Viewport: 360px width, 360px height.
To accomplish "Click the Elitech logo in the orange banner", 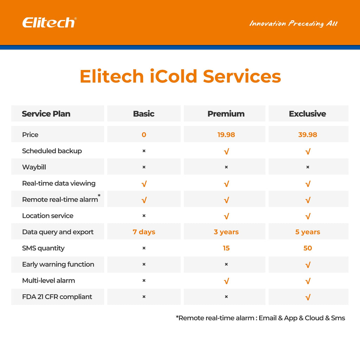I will (x=49, y=23).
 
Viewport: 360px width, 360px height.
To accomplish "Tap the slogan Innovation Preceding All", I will (x=293, y=24).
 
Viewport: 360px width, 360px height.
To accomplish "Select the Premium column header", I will (x=226, y=114).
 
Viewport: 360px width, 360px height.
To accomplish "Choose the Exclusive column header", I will (x=307, y=114).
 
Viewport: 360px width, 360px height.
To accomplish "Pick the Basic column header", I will (x=143, y=114).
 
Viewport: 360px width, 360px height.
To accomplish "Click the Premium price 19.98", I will (x=226, y=135).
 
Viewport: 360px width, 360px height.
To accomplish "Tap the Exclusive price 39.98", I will (x=307, y=135).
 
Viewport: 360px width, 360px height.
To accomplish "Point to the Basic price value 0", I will (x=144, y=135).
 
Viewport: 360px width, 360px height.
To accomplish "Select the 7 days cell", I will (x=144, y=232).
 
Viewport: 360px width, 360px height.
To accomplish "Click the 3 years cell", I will (x=226, y=232).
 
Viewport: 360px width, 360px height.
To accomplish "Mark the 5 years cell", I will (x=308, y=232).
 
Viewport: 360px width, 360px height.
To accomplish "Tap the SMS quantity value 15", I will (x=226, y=248).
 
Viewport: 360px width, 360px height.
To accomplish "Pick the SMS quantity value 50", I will (x=308, y=248).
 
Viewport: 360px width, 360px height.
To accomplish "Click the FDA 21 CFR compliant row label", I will (x=57, y=297).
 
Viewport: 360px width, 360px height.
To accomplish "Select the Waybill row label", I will (x=34, y=167).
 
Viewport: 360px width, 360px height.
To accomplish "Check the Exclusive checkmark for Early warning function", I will (x=308, y=265).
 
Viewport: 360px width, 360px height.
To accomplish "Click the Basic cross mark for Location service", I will (x=144, y=216).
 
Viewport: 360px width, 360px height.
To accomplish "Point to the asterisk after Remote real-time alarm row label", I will (x=99, y=196).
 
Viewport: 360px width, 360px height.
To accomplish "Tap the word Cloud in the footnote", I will (x=314, y=318).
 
